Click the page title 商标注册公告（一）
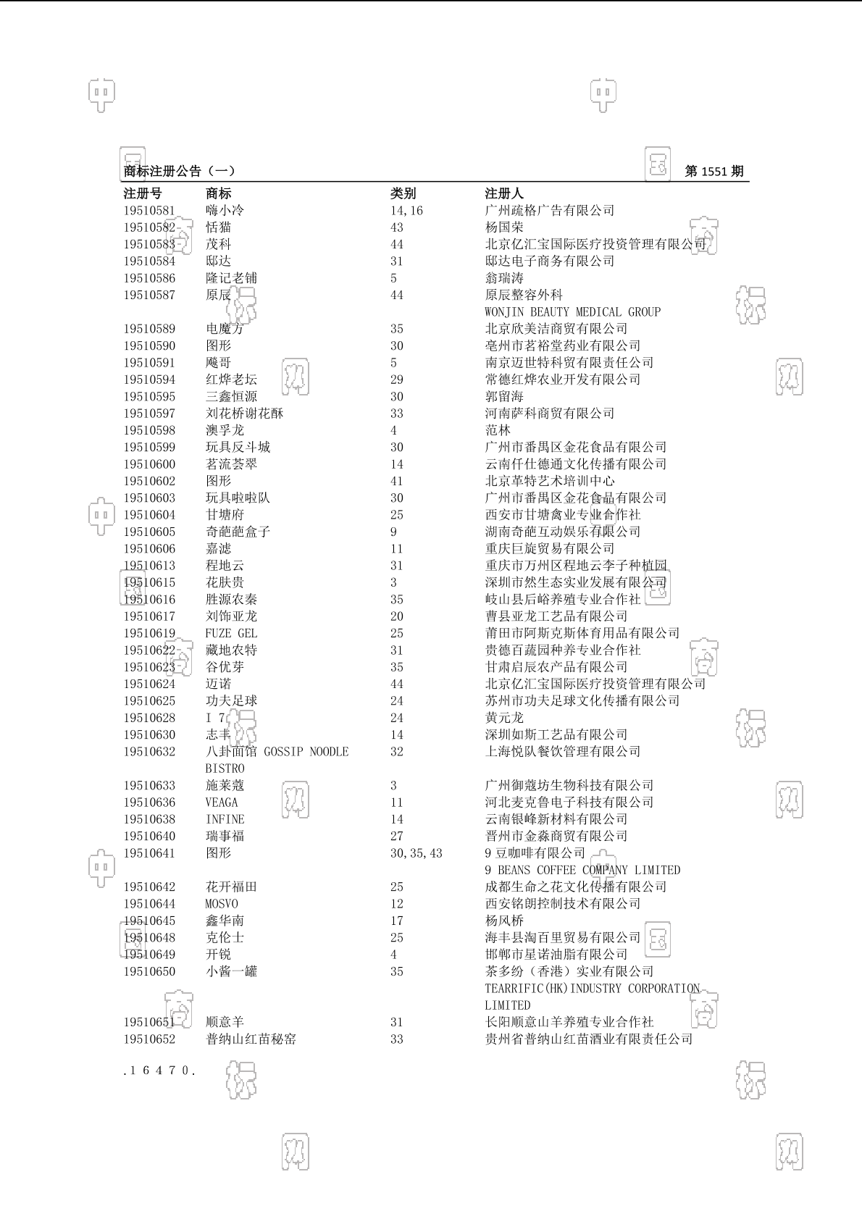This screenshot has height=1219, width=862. (x=179, y=172)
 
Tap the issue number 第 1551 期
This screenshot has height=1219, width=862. (x=714, y=172)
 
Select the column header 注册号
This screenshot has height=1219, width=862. (x=143, y=193)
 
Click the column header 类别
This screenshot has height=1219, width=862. (x=403, y=193)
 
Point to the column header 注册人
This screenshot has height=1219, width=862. (x=504, y=193)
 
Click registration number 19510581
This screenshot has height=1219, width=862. (x=149, y=211)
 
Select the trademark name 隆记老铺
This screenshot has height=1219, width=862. (x=231, y=278)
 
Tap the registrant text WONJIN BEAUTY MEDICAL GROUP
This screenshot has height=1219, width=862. (x=572, y=312)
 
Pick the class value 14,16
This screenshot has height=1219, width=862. (x=406, y=211)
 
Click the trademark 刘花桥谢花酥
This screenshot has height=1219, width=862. (x=244, y=414)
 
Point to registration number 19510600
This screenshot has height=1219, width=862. (x=149, y=464)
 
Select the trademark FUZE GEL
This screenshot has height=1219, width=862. (x=231, y=634)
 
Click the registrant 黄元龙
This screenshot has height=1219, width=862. (x=504, y=718)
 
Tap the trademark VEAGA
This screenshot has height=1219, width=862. (x=222, y=803)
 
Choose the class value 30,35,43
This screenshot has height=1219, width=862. (x=416, y=853)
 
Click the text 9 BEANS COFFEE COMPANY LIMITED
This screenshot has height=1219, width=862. (x=582, y=870)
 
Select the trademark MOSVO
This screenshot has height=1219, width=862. (x=222, y=904)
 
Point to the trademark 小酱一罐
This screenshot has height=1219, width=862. (x=231, y=971)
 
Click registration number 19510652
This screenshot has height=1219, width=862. (x=149, y=1039)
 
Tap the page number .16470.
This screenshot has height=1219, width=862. (x=159, y=1071)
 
